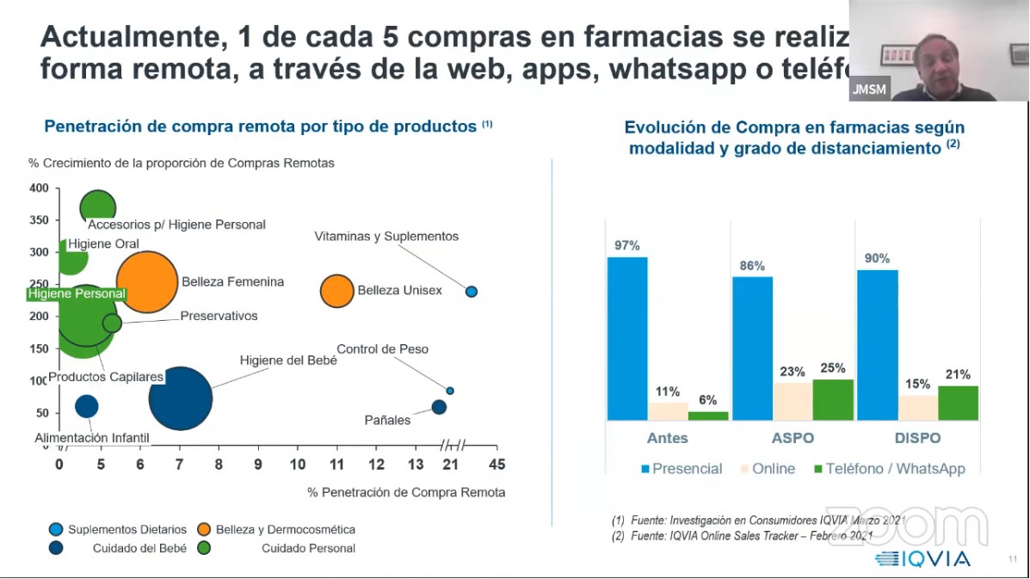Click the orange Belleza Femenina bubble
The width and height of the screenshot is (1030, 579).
click(x=147, y=282)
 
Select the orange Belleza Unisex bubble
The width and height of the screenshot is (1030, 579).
click(x=336, y=291)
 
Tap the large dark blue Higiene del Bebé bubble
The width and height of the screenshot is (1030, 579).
click(x=180, y=398)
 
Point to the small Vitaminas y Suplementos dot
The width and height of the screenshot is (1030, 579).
click(x=472, y=292)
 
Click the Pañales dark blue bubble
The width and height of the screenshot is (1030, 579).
click(x=439, y=407)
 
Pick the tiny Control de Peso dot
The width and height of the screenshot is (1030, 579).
click(x=450, y=391)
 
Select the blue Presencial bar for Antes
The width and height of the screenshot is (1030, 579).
click(x=627, y=338)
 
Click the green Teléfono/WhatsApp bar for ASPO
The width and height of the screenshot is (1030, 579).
click(x=833, y=399)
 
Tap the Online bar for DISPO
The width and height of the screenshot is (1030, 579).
click(x=917, y=408)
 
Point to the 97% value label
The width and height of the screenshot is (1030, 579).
click(x=626, y=245)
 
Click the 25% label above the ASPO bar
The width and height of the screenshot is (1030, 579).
click(x=833, y=368)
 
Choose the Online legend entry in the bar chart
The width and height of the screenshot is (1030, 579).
click(x=766, y=469)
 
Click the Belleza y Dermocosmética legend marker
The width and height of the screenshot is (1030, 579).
click(x=205, y=529)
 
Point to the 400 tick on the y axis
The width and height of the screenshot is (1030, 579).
click(x=39, y=188)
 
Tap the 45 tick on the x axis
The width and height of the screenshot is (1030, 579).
click(x=496, y=465)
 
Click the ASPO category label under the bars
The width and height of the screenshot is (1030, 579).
click(x=793, y=438)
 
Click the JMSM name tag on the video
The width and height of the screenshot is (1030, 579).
click(x=869, y=89)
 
